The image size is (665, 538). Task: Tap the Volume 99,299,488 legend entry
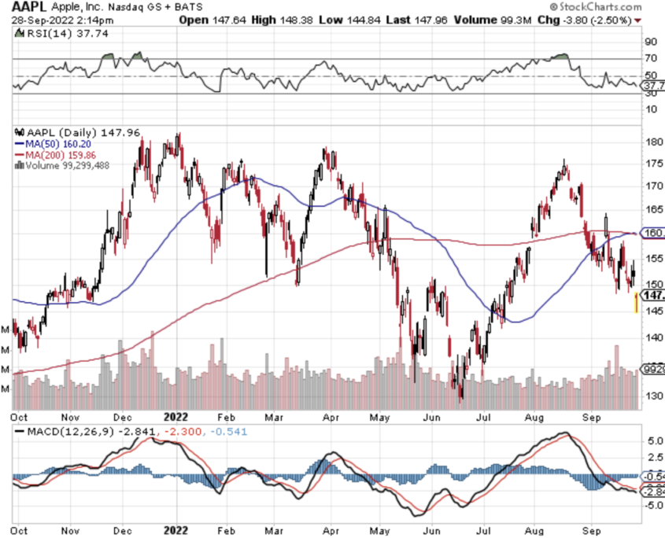pos(68,165)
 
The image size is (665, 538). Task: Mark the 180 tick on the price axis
pos(652,142)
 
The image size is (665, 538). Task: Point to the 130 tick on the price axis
pos(652,396)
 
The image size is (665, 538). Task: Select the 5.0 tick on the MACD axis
pos(652,442)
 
